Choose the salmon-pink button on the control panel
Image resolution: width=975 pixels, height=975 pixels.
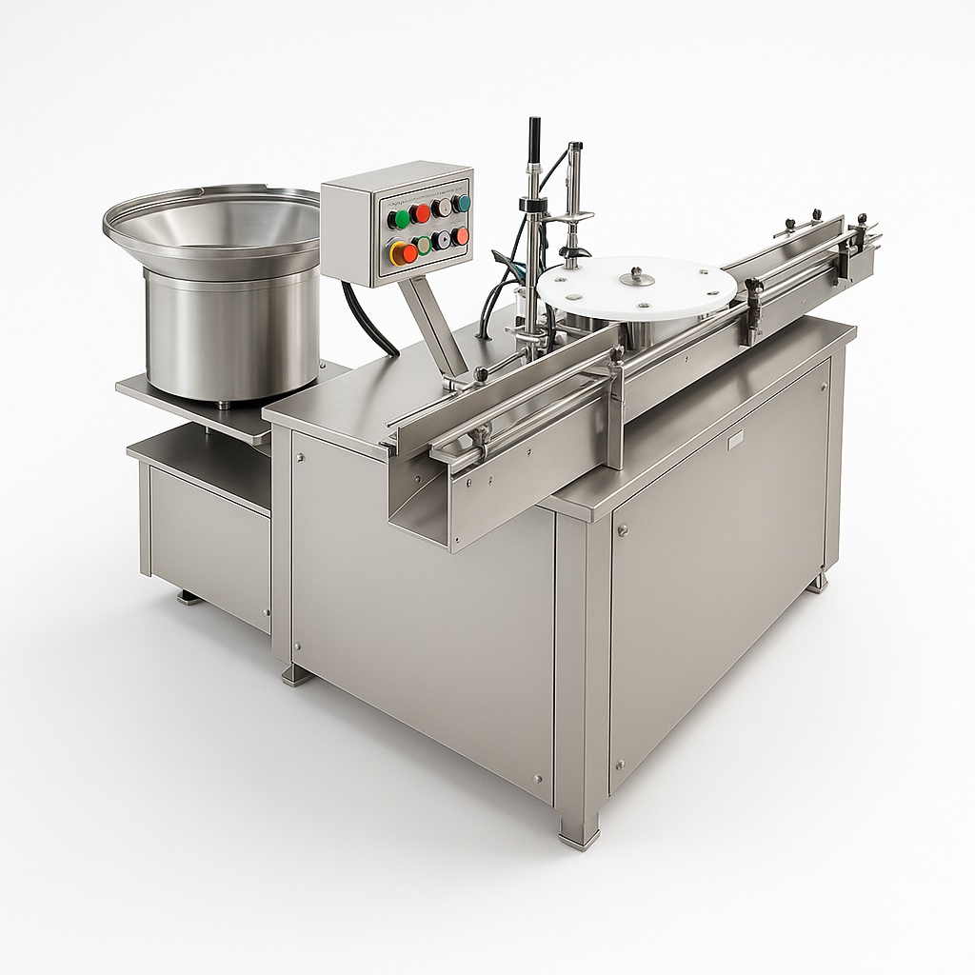pos(463,236)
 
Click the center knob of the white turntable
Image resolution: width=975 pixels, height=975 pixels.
pos(636,277)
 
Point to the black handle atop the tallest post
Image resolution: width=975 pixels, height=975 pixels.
pos(534,133)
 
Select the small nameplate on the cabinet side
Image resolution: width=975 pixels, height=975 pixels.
pos(735,441)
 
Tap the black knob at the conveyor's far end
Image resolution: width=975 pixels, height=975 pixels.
pos(862,220)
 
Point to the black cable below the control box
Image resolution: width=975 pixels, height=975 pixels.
pos(367,319)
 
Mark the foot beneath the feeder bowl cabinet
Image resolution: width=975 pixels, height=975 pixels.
pos(189,598)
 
